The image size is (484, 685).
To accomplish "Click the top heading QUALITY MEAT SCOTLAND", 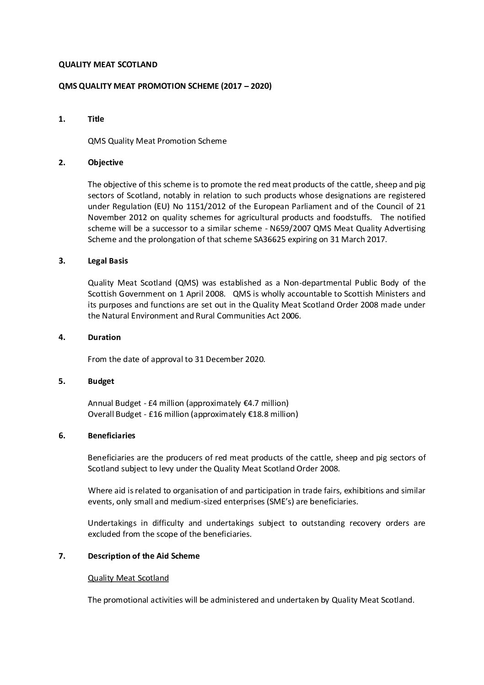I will click(108, 65).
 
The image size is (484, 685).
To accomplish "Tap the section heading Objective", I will click(105, 162).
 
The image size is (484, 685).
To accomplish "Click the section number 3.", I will click(62, 261).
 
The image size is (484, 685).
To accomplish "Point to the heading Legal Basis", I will click(108, 261).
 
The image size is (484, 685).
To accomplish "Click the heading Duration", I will click(104, 337).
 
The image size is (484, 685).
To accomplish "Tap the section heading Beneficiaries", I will click(111, 436).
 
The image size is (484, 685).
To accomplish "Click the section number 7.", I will click(62, 556).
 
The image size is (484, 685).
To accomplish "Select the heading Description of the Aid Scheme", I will click(144, 556).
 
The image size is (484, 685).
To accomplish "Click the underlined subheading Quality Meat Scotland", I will click(128, 578).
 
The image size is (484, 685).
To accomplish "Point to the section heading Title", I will click(96, 119).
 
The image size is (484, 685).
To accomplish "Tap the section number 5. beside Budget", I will click(62, 381).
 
